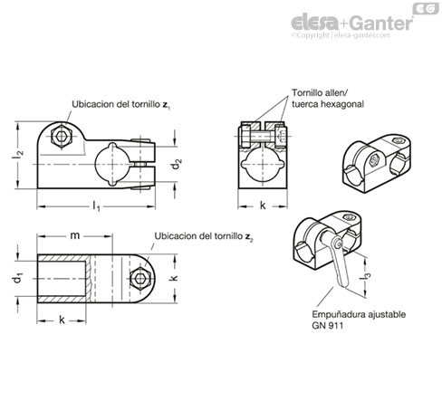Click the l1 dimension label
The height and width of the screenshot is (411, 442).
(x=96, y=206)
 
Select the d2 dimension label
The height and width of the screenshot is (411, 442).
(x=177, y=165)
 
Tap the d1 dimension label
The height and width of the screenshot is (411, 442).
(x=18, y=278)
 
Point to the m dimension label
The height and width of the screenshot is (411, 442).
(x=75, y=235)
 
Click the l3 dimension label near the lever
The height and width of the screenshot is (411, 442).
(x=366, y=273)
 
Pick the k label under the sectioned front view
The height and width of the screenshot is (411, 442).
(x=263, y=205)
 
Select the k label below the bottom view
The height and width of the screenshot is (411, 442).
(x=62, y=320)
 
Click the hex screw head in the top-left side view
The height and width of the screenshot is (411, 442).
(x=62, y=136)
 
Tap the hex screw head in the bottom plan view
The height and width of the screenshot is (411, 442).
(x=140, y=279)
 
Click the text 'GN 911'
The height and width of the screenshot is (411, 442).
(x=328, y=326)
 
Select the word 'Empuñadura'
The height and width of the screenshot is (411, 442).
(x=339, y=314)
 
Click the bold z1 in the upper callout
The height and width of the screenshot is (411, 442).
(x=167, y=105)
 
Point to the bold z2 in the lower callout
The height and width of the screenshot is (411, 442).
(x=249, y=236)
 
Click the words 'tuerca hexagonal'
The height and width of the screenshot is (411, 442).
(x=328, y=104)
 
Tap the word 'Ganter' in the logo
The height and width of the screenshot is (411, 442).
(x=382, y=23)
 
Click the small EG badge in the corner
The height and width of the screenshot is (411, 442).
(x=426, y=9)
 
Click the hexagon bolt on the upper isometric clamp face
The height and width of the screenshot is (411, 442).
(x=374, y=159)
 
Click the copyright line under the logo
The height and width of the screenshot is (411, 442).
(x=341, y=35)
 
